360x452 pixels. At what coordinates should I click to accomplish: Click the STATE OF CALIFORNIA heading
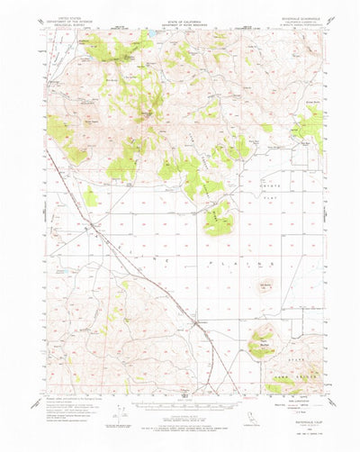[180, 17]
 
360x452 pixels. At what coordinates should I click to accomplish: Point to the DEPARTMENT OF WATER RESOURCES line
[180, 23]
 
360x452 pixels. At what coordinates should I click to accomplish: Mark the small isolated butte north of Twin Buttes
[265, 289]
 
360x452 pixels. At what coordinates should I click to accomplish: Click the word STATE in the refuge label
[282, 360]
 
